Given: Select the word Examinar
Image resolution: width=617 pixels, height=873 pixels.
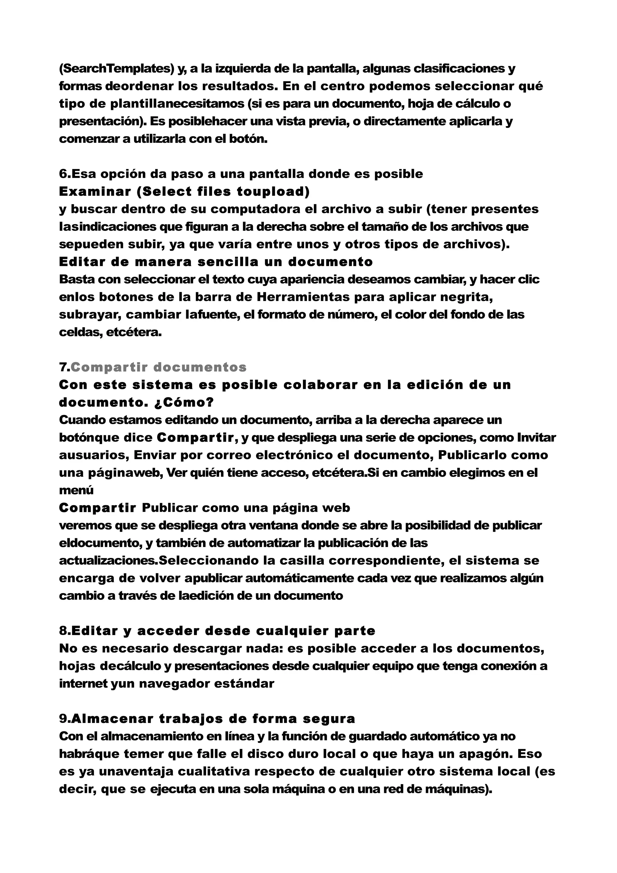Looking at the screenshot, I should click(95, 192).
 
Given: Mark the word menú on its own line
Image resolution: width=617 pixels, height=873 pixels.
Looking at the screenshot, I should click(76, 490).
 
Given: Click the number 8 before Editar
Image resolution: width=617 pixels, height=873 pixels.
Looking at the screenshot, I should click(63, 631).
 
